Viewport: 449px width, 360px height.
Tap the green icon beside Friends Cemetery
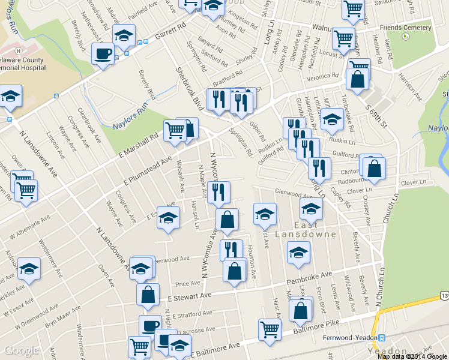[x=406, y=37]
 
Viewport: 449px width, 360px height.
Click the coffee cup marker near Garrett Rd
[x=103, y=53]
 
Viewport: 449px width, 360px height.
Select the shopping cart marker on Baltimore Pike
[x=270, y=329]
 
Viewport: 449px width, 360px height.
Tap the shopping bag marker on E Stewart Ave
[x=148, y=294]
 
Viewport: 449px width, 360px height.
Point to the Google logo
[x=21, y=351]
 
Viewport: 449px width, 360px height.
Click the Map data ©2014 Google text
[x=412, y=356]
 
